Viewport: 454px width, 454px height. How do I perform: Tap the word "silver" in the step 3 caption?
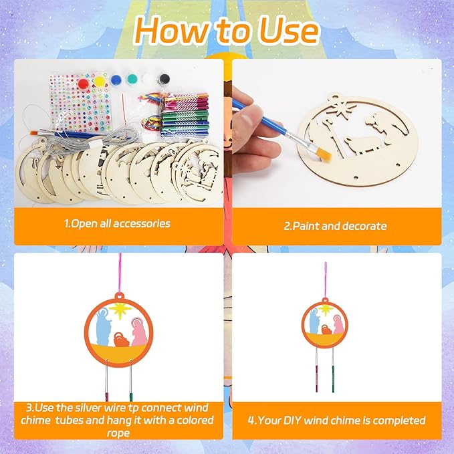click(x=90, y=408)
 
